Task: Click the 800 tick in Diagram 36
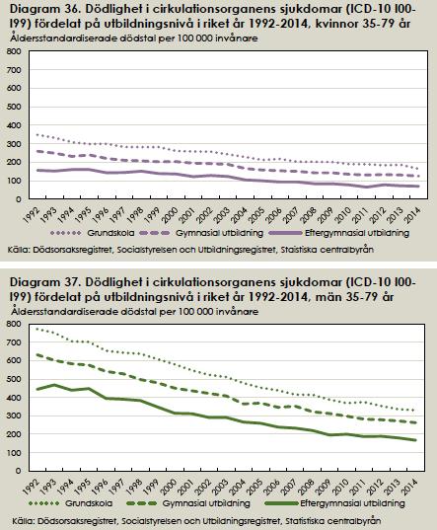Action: coord(15,51)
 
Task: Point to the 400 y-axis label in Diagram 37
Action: coord(15,398)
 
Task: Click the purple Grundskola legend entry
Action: coord(93,233)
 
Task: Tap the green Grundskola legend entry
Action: coord(71,503)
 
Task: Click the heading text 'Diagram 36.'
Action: coord(45,9)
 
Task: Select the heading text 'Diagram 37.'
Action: coord(45,281)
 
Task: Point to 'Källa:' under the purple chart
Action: coord(20,250)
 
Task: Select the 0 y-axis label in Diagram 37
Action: coord(18,471)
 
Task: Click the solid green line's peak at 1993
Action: coord(54,385)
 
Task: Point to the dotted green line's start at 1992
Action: coord(36,329)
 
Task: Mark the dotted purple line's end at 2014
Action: coord(418,169)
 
